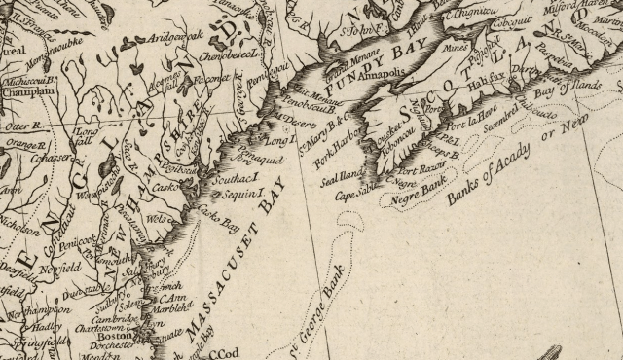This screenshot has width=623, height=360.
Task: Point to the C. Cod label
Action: (227, 353)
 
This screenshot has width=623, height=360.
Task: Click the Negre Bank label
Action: (416, 195)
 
